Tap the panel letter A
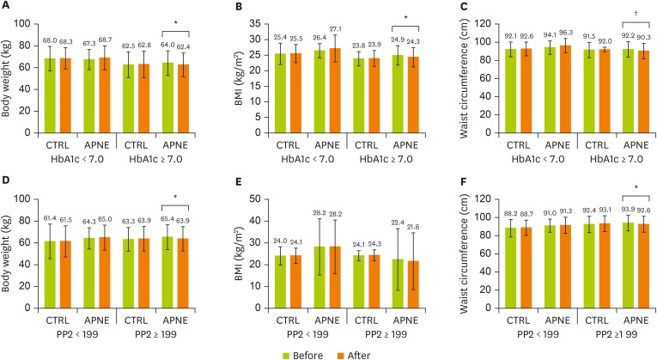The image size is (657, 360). tap(6, 7)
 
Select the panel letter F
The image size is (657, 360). tap(447, 186)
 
